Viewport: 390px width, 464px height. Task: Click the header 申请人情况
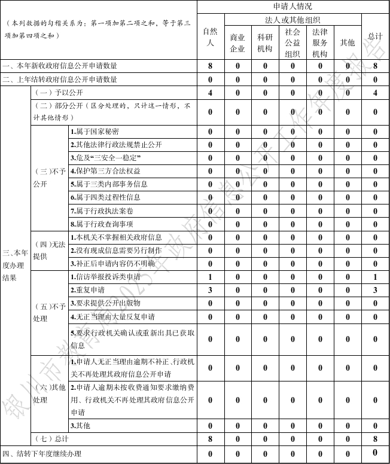click(x=293, y=7)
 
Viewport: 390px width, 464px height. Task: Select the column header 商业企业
click(x=237, y=43)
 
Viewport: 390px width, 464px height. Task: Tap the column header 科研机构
click(x=265, y=43)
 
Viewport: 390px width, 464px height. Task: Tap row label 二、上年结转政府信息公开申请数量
click(x=60, y=79)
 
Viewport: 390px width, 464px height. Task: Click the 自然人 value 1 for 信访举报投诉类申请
click(x=211, y=277)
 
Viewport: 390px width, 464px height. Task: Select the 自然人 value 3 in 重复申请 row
click(x=211, y=290)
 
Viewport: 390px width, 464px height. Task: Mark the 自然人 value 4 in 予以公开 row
click(x=211, y=93)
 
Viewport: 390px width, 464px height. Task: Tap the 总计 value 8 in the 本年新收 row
click(x=375, y=66)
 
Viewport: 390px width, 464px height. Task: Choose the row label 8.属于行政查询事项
click(x=102, y=224)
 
